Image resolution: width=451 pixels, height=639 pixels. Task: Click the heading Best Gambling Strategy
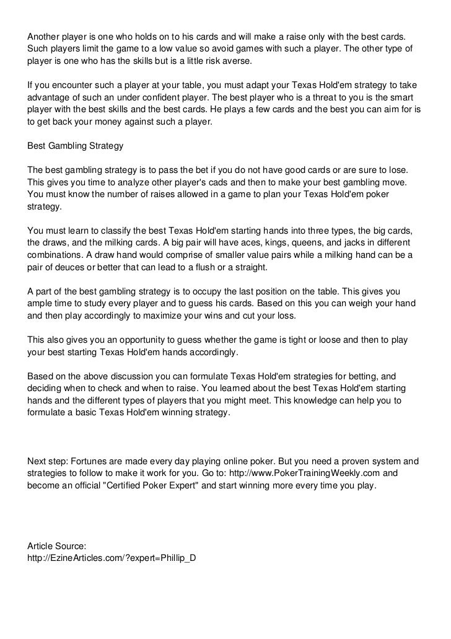point(76,146)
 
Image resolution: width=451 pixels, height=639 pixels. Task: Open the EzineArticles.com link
point(112,558)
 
